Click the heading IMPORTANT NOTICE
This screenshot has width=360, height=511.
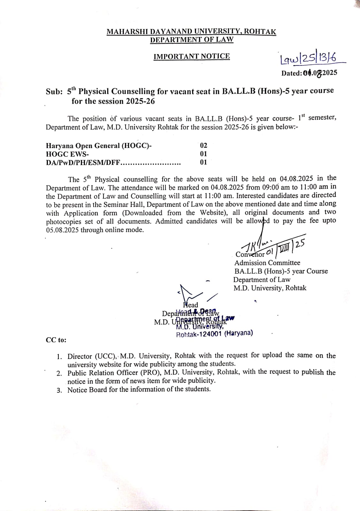pyautogui.click(x=191, y=57)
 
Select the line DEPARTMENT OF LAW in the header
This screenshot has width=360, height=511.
pyautogui.click(x=192, y=40)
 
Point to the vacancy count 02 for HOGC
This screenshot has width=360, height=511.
pyautogui.click(x=203, y=146)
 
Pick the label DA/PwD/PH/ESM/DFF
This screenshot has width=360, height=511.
pyautogui.click(x=83, y=162)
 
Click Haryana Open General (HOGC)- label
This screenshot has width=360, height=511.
pyautogui.click(x=99, y=146)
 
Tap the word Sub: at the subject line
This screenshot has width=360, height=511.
pyautogui.click(x=54, y=92)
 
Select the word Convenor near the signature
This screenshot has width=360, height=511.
pyautogui.click(x=249, y=255)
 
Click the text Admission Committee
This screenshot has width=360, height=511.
pyautogui.click(x=267, y=263)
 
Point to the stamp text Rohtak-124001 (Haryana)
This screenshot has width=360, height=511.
pyautogui.click(x=214, y=334)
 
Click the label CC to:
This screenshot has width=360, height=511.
pyautogui.click(x=56, y=340)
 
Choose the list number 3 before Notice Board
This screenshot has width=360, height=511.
pyautogui.click(x=59, y=390)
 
